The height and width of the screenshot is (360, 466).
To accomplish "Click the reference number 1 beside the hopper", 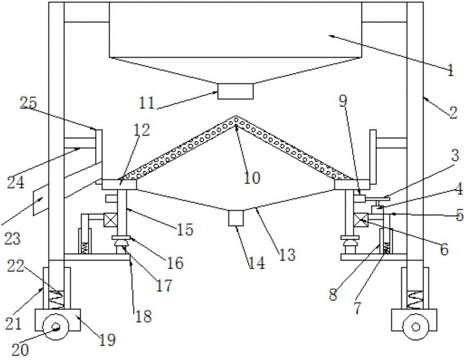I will pyautogui.click(x=450, y=71).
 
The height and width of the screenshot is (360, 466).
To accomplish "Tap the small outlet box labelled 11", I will pyautogui.click(x=236, y=91).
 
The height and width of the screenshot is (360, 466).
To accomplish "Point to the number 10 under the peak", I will pyautogui.click(x=253, y=177).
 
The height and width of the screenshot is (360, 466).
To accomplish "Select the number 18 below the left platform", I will pyautogui.click(x=144, y=317).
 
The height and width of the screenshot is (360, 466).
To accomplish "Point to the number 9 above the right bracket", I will pyautogui.click(x=343, y=102).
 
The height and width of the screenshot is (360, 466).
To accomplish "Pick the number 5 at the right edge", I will pyautogui.click(x=459, y=216).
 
